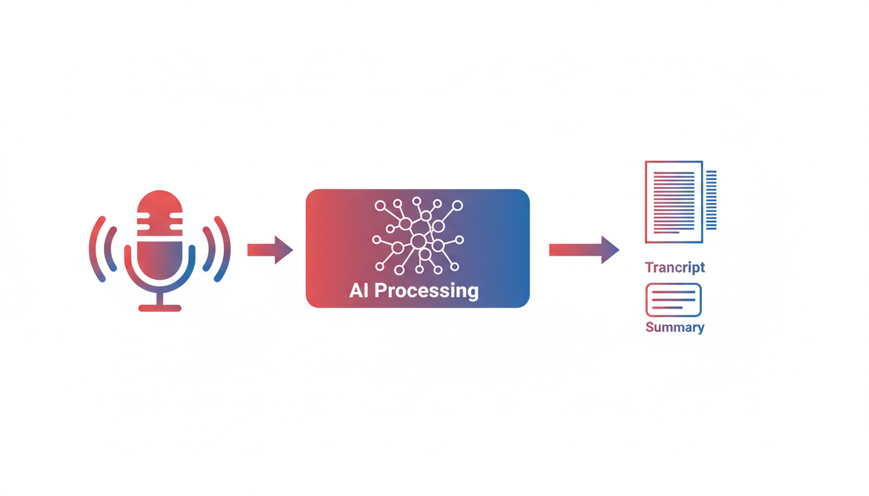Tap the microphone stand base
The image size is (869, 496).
click(160, 308)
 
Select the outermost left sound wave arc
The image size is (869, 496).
click(96, 249)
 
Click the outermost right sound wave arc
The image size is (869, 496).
click(224, 249)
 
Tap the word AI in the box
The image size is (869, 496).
click(359, 290)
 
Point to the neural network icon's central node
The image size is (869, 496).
click(418, 242)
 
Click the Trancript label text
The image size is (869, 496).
click(675, 267)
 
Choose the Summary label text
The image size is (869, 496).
click(675, 327)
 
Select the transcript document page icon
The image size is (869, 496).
click(673, 201)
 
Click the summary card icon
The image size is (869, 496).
click(673, 300)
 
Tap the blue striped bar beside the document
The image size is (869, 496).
click(711, 200)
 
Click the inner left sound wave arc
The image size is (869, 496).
click(111, 249)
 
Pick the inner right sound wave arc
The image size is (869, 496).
click(208, 249)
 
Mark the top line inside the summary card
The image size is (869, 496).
click(673, 293)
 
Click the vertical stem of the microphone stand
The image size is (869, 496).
click(160, 298)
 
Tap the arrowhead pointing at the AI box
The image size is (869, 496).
click(283, 250)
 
